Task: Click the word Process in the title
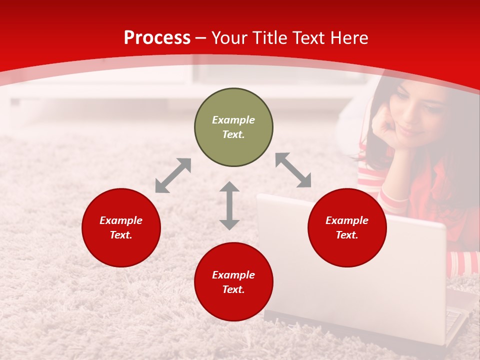tap(157, 38)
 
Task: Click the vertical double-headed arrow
tap(229, 205)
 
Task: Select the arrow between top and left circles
tap(173, 175)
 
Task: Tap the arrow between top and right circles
tap(293, 170)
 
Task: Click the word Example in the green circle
tap(233, 120)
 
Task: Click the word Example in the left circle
tap(121, 220)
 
